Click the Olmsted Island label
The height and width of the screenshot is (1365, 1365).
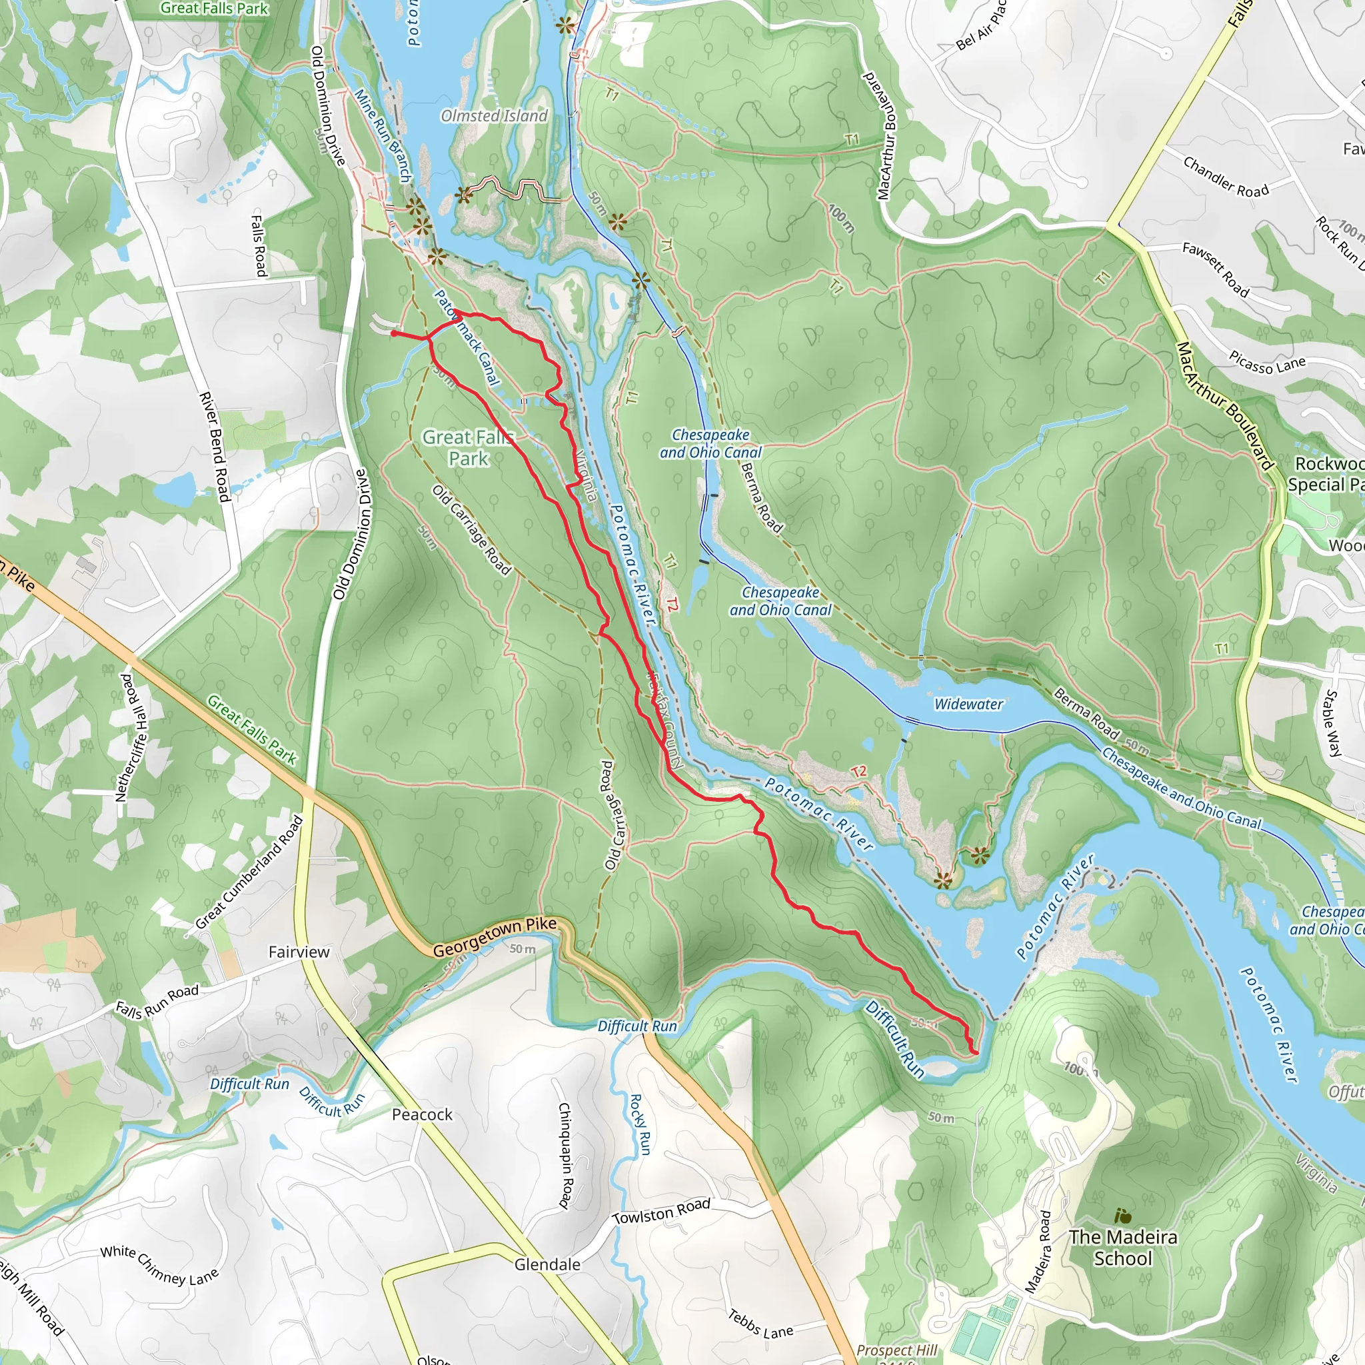click(x=494, y=116)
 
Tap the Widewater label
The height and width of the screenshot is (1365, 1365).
click(x=968, y=704)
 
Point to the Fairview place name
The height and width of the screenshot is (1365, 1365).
click(x=299, y=952)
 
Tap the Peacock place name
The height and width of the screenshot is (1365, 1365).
click(x=422, y=1114)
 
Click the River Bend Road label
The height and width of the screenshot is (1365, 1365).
click(x=215, y=447)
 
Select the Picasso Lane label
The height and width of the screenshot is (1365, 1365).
click(x=1267, y=362)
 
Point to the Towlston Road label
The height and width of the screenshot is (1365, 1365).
click(x=661, y=1212)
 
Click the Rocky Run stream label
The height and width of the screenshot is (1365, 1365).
click(x=639, y=1125)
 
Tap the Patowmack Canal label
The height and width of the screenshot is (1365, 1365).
click(x=467, y=338)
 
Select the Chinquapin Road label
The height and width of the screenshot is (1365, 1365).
click(x=565, y=1155)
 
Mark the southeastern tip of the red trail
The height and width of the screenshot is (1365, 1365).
click(x=976, y=1052)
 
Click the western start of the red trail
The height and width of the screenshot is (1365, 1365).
click(x=393, y=333)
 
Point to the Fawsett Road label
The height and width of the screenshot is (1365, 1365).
click(x=1215, y=269)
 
